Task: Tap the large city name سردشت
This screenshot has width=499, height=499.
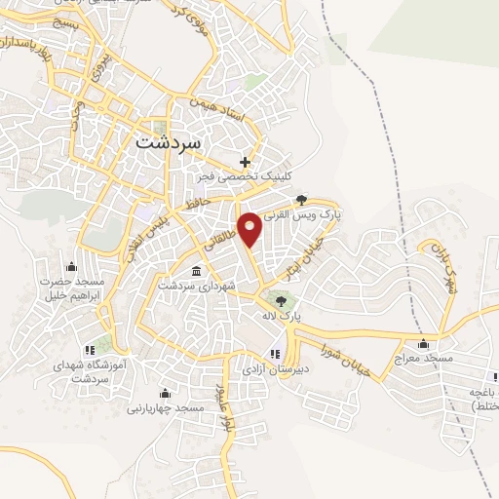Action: click(165, 141)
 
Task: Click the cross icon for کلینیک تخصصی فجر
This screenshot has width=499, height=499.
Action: click(246, 161)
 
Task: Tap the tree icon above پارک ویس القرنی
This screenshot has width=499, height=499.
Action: click(310, 201)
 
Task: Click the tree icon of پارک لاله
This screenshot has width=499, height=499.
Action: click(282, 300)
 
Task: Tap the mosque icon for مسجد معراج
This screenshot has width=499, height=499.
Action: click(423, 343)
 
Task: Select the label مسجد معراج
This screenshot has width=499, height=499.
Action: click(422, 359)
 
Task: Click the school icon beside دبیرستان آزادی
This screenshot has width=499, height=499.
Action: click(276, 352)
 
